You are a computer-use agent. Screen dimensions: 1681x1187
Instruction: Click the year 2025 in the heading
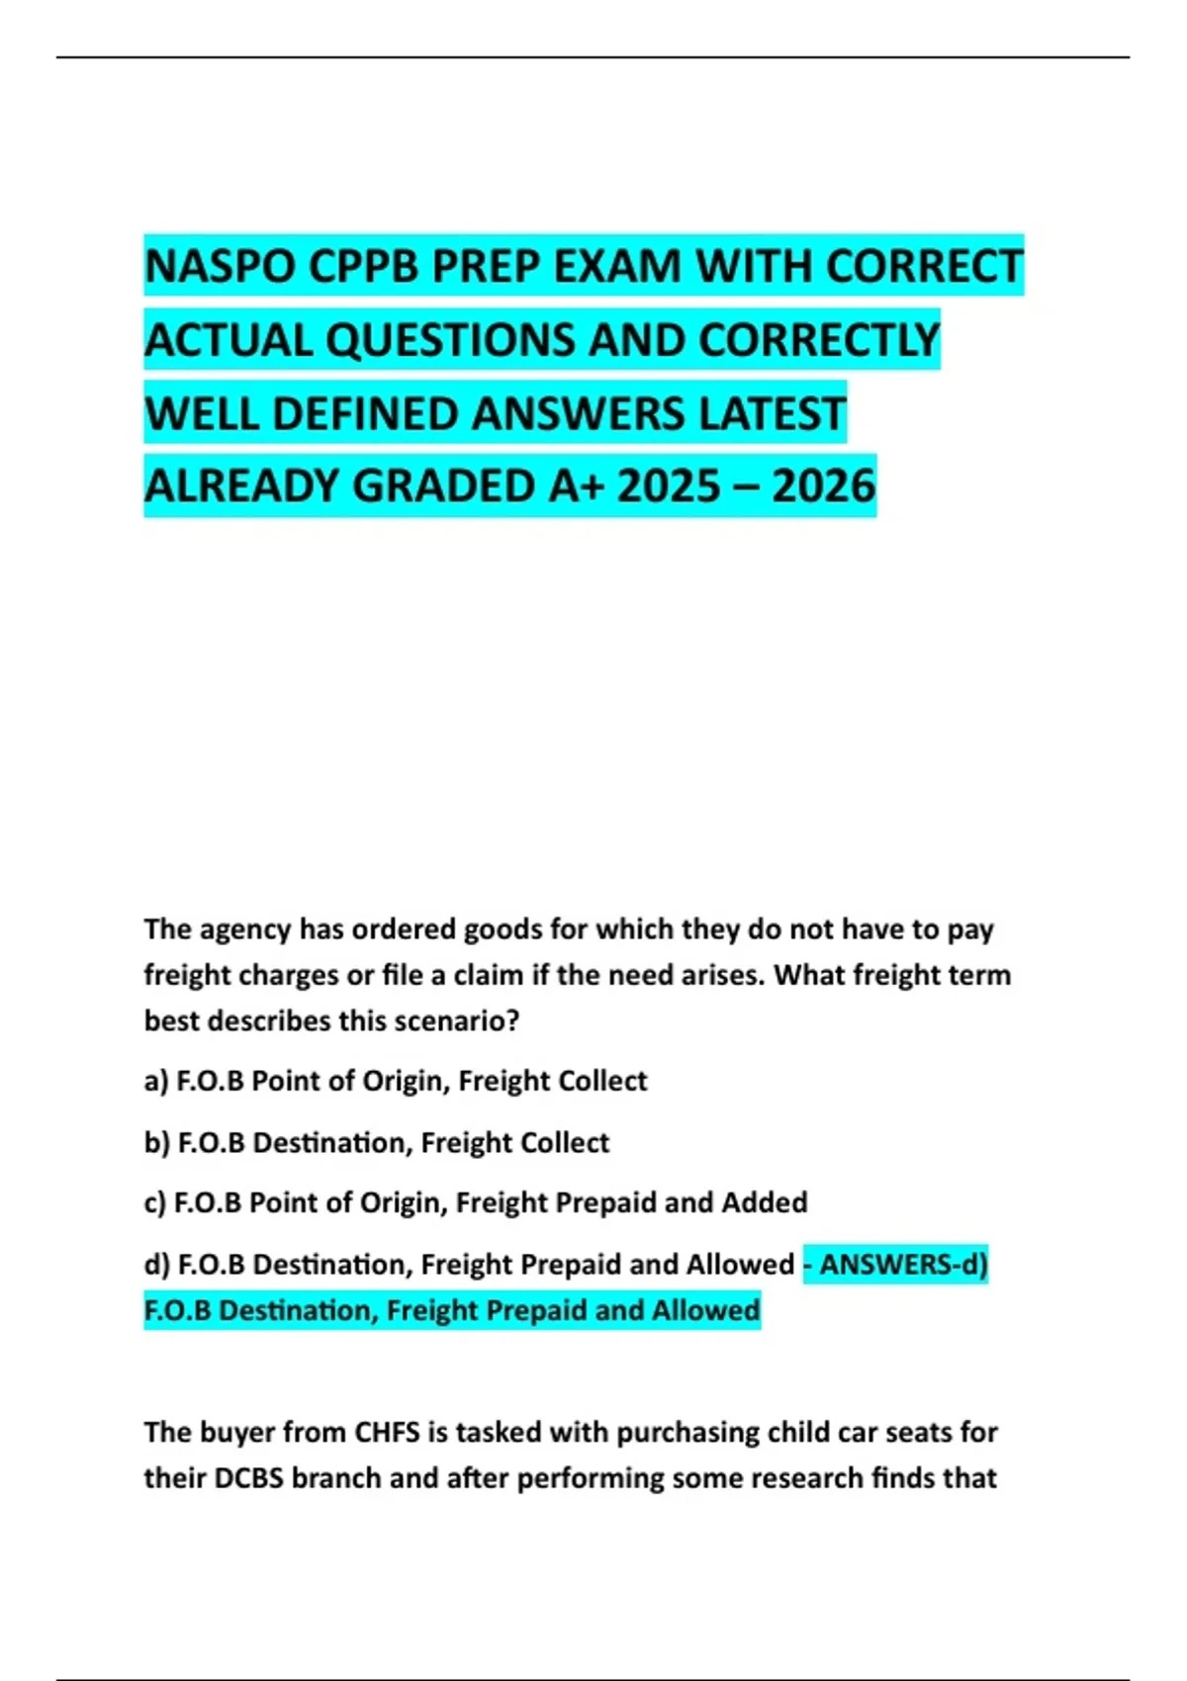coord(668,487)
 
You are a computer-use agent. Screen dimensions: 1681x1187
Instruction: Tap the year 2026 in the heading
coord(824,487)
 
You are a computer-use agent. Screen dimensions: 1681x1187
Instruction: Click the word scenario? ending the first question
coord(457,1020)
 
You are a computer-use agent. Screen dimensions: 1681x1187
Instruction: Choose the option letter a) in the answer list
coord(156,1081)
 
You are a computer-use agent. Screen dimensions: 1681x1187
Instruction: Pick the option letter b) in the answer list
coord(157,1142)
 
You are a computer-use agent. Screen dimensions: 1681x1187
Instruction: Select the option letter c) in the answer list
coord(155,1202)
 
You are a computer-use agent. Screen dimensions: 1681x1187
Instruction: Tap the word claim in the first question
coord(488,975)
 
